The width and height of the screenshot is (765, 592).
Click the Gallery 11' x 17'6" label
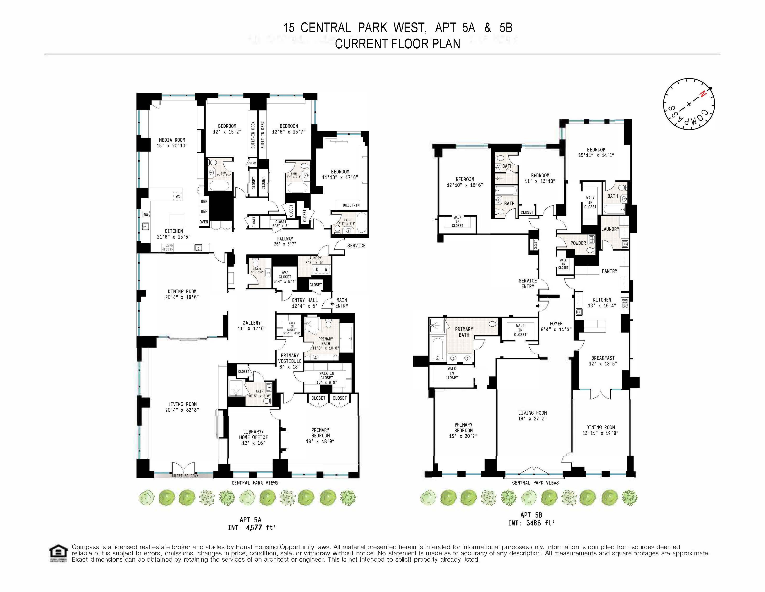(251, 325)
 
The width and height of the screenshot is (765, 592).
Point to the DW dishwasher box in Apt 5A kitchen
(146, 215)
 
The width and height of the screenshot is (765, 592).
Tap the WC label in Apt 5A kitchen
(178, 197)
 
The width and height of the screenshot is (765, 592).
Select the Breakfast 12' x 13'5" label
(603, 361)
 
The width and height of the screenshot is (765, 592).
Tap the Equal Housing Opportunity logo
(58, 553)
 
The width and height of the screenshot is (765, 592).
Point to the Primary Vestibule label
(290, 361)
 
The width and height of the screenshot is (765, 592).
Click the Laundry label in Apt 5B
(610, 229)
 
